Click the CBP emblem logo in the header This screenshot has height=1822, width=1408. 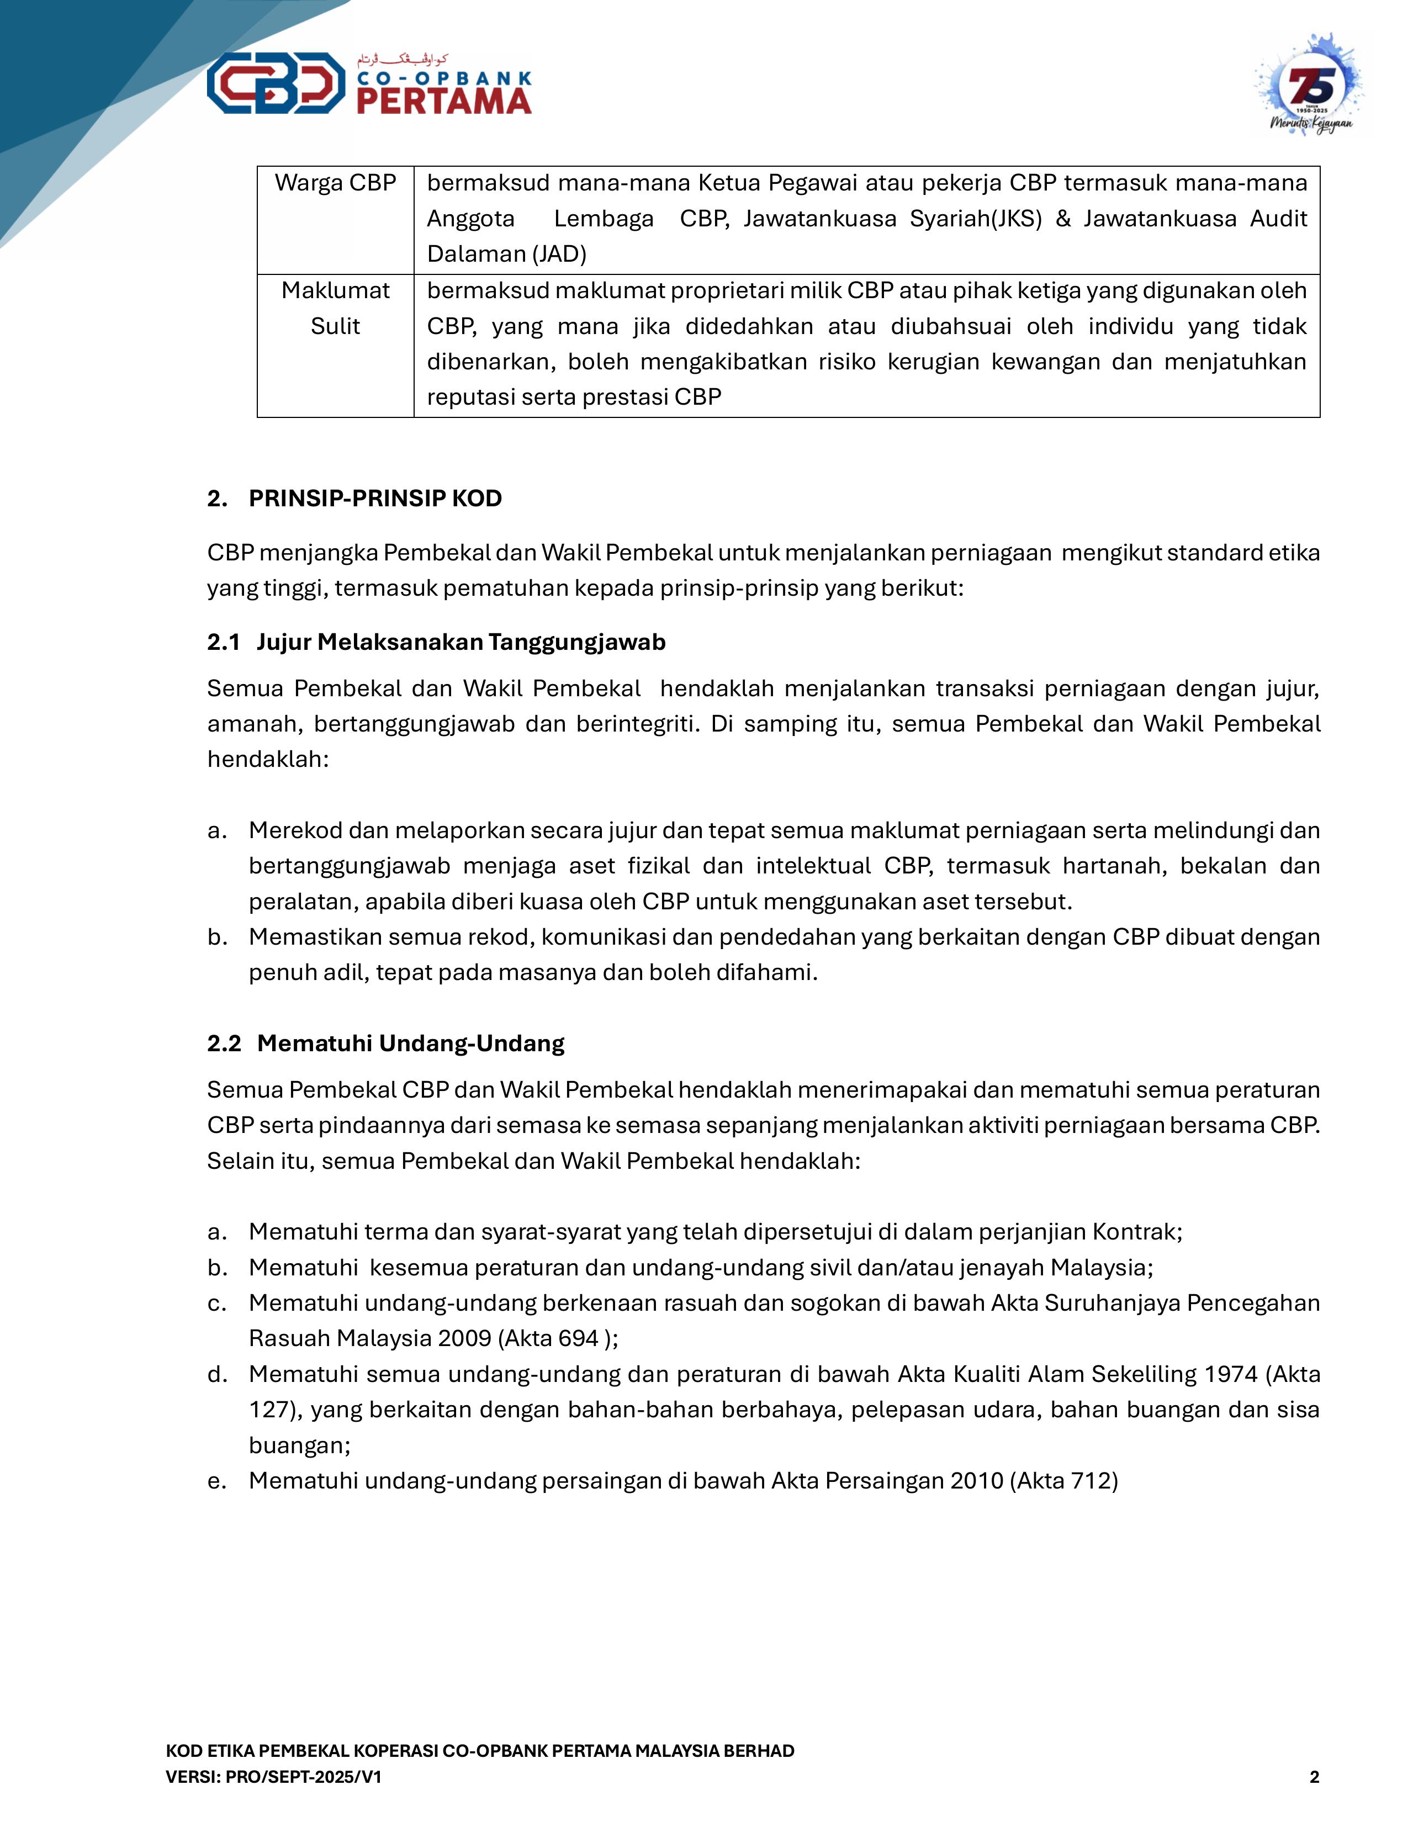[x=276, y=83]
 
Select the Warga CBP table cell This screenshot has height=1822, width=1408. [x=335, y=183]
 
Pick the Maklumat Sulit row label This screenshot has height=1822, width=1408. [x=335, y=308]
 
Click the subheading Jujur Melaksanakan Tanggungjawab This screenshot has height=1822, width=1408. [x=460, y=642]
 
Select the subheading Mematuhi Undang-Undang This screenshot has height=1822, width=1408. [x=410, y=1043]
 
